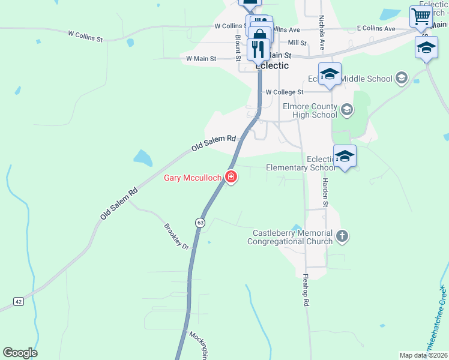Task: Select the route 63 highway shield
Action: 199,223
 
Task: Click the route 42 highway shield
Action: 19,301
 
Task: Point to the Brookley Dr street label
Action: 176,237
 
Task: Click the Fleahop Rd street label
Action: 306,291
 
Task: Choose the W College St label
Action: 285,92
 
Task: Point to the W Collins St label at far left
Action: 86,37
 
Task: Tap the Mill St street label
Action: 297,43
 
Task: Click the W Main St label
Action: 200,59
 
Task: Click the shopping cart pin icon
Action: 421,16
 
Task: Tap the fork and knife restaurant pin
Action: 258,49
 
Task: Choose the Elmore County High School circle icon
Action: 346,110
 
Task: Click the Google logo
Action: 20,353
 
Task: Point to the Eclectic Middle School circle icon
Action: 401,79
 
